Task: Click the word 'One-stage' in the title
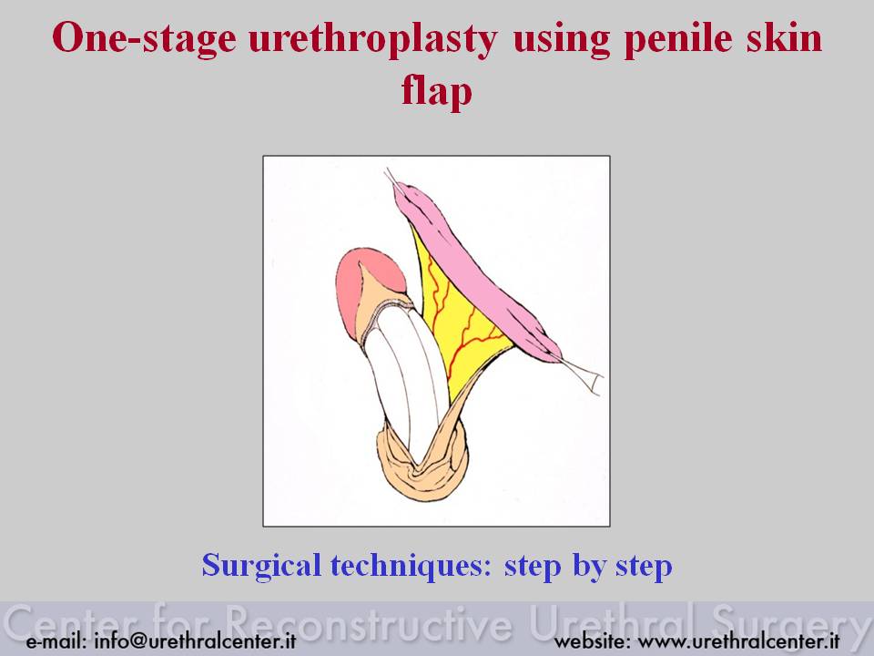[x=144, y=38]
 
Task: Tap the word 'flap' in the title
[x=436, y=90]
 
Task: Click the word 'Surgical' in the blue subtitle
[x=261, y=566]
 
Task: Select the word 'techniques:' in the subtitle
[x=412, y=566]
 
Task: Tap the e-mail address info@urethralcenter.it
[x=195, y=641]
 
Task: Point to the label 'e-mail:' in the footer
[x=56, y=641]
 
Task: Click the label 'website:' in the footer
[x=592, y=641]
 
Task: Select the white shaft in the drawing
[x=407, y=379]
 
